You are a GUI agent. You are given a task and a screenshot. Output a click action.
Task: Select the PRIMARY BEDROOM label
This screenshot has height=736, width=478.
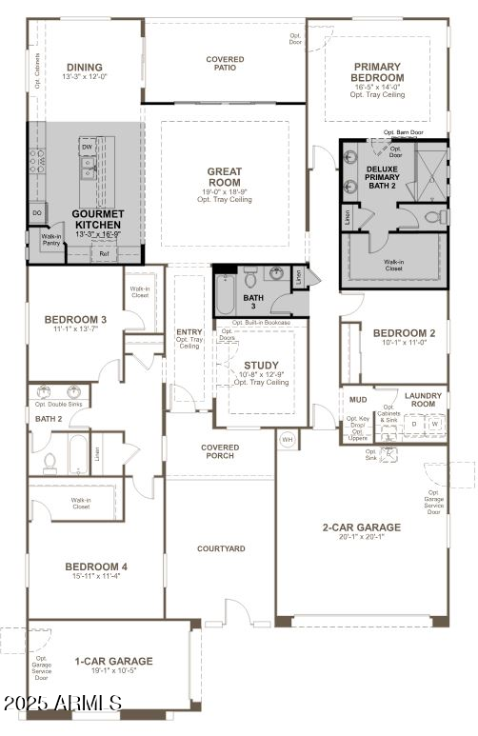(378, 72)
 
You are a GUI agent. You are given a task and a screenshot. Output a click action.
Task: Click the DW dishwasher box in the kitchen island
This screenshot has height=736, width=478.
(87, 148)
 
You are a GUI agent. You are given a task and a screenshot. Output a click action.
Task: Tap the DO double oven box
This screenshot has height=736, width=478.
(37, 213)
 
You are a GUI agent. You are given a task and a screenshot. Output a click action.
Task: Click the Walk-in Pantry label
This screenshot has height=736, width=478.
(50, 240)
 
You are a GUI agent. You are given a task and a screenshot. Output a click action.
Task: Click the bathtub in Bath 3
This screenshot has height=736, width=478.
(225, 294)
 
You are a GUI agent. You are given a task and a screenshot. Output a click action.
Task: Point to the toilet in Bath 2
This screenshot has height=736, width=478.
(50, 462)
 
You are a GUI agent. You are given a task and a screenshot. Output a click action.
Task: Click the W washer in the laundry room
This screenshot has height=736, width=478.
(434, 425)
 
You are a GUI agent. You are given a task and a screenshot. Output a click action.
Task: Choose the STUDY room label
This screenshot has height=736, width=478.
(261, 366)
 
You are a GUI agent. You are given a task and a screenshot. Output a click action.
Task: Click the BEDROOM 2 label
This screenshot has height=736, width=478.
(404, 333)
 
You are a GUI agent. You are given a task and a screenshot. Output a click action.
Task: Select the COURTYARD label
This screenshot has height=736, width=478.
(221, 548)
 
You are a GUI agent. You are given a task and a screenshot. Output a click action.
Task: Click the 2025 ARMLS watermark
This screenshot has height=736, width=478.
(62, 705)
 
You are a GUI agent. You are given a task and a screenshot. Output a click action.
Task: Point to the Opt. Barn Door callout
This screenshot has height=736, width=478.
(403, 132)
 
